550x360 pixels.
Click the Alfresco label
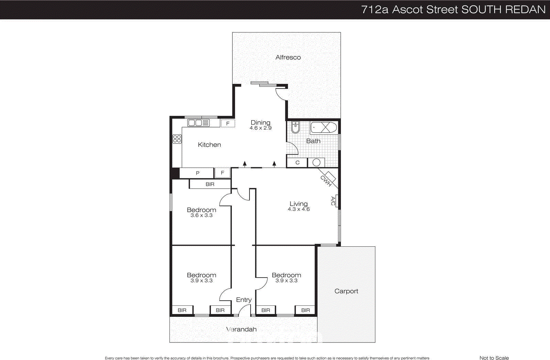[x=288, y=57]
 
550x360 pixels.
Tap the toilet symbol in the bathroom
[x=295, y=127]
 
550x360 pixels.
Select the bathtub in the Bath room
[x=323, y=127]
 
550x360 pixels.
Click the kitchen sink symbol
[x=199, y=123]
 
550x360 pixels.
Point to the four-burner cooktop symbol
[x=177, y=139]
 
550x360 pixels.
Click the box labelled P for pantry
[x=197, y=173]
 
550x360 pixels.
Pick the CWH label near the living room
[x=326, y=181]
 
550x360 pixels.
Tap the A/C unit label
[x=333, y=201]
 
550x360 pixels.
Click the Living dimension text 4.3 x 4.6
[x=299, y=209]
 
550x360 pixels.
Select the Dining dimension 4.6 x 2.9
[x=261, y=128]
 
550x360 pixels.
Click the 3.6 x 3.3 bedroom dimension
[x=201, y=215]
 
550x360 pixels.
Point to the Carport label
[x=346, y=291]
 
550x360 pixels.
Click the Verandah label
[x=241, y=329]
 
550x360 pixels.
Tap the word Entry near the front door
[x=244, y=300]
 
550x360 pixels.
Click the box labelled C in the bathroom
[x=297, y=162]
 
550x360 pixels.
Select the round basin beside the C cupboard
[x=317, y=162]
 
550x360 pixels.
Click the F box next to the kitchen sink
[x=228, y=123]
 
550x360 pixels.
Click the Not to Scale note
[x=494, y=358]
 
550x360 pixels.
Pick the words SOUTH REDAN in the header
[x=503, y=10]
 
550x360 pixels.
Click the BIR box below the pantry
[x=210, y=184]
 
